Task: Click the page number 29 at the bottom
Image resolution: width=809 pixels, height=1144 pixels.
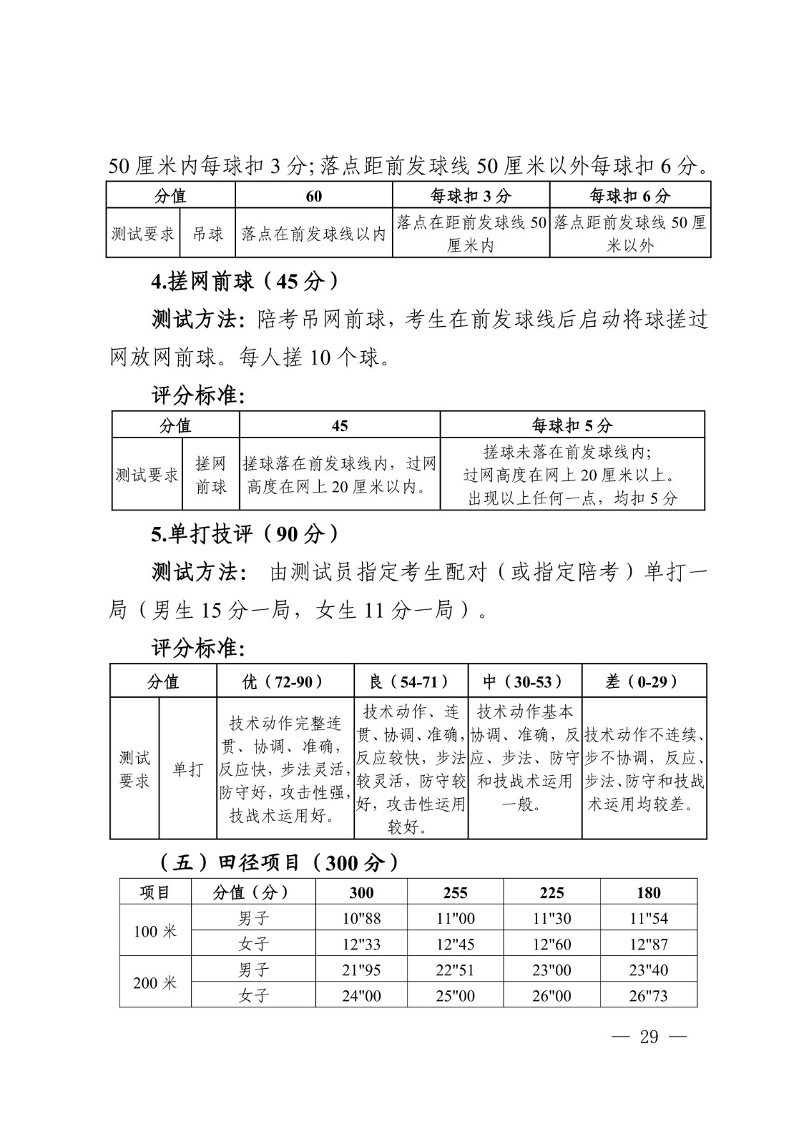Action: pos(649,1037)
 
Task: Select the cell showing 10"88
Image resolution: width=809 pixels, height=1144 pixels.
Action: pos(361,918)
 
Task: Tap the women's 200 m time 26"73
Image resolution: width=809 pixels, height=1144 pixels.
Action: pos(648,995)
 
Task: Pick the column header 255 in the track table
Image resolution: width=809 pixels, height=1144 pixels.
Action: pos(455,892)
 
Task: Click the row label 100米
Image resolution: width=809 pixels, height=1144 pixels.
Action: pos(155,931)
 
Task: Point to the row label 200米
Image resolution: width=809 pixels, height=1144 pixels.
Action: pos(155,982)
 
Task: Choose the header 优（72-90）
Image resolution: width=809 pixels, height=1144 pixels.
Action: pos(285,681)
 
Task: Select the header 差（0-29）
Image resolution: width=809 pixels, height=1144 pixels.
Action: pos(644,681)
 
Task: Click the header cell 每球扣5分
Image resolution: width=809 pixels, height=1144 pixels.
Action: pos(572,425)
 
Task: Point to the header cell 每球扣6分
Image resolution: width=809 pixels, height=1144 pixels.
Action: pos(629,195)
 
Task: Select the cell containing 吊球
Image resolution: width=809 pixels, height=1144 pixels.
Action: pos(207,234)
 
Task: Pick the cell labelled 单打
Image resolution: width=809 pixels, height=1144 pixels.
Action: pos(187,769)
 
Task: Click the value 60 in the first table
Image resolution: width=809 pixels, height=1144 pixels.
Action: pos(313,196)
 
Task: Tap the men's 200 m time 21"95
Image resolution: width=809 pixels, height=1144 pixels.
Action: pos(361,970)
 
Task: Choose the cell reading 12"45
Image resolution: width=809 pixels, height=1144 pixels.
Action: pos(455,945)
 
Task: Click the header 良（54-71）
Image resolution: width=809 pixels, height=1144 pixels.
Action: pos(411,681)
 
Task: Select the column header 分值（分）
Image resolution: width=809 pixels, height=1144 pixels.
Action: pos(253,892)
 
